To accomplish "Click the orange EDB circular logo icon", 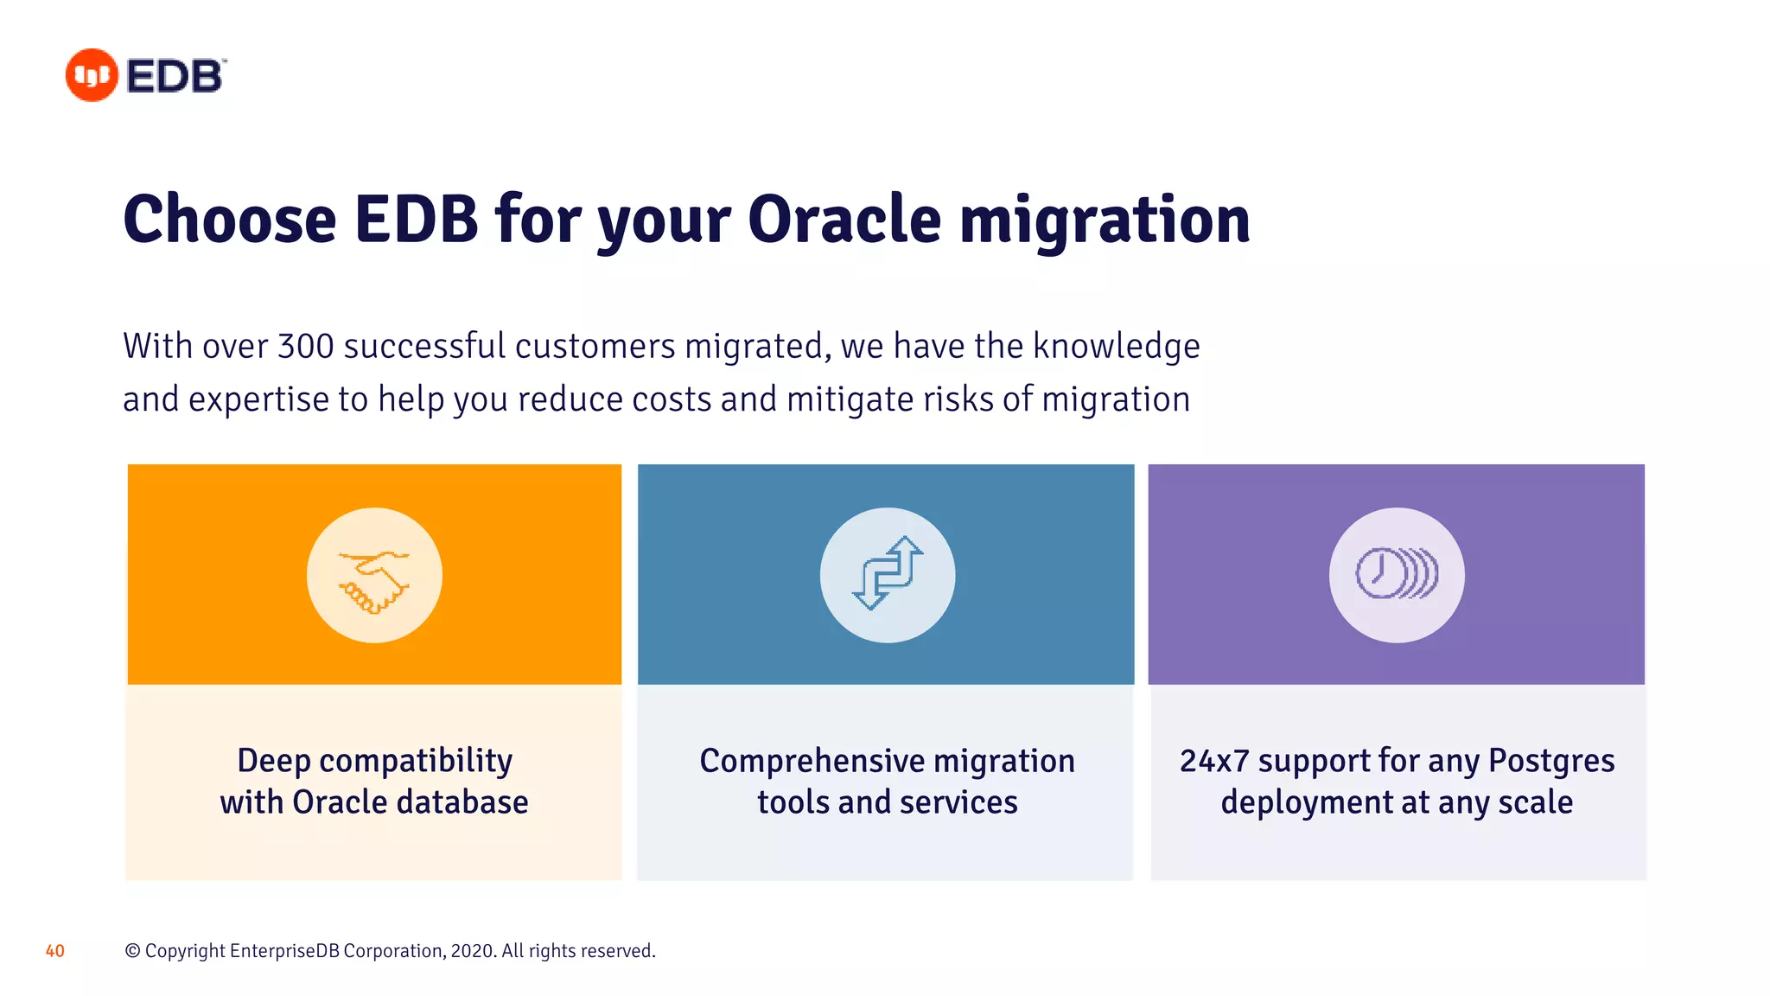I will pyautogui.click(x=92, y=75).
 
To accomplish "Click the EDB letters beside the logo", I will pyautogui.click(x=175, y=76).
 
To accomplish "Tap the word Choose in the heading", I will pyautogui.click(x=230, y=220).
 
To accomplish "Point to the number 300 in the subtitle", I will pyautogui.click(x=306, y=347).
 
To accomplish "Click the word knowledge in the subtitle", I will pyautogui.click(x=1116, y=347).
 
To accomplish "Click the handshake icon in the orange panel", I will pyautogui.click(x=374, y=576).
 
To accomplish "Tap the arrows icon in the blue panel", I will pyautogui.click(x=888, y=574).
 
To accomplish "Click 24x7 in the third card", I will pyautogui.click(x=1214, y=762).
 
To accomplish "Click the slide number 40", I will pyautogui.click(x=55, y=951).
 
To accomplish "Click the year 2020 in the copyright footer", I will pyautogui.click(x=472, y=951).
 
